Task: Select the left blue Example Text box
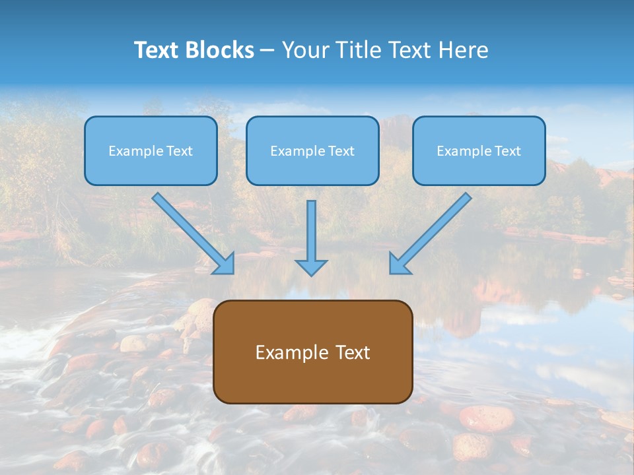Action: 151,150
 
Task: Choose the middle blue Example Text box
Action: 312,150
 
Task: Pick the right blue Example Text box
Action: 479,150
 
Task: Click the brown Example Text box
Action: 312,352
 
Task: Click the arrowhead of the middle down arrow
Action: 311,267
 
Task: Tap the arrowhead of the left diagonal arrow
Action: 225,264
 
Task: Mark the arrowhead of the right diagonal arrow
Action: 399,264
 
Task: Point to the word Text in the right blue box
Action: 508,151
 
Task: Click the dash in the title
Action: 267,50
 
